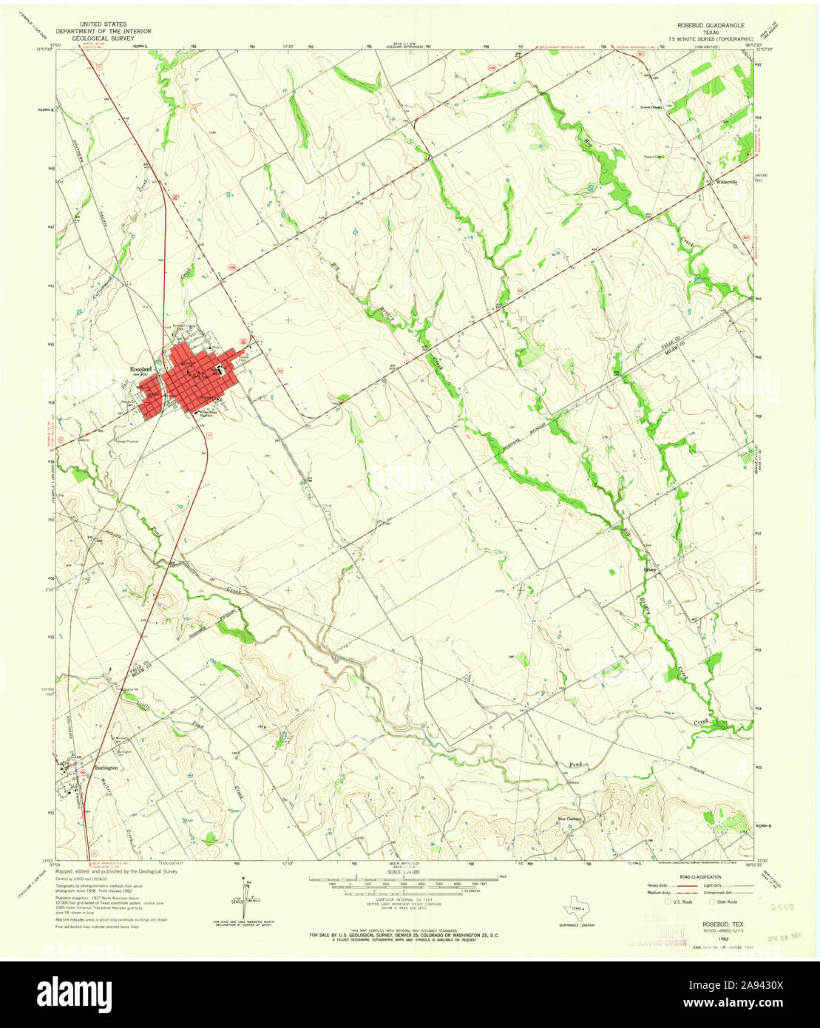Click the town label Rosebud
point(141,368)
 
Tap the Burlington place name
point(106,768)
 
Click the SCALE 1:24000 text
point(399,873)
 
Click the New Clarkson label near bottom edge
point(572,818)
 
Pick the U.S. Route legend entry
point(680,902)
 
